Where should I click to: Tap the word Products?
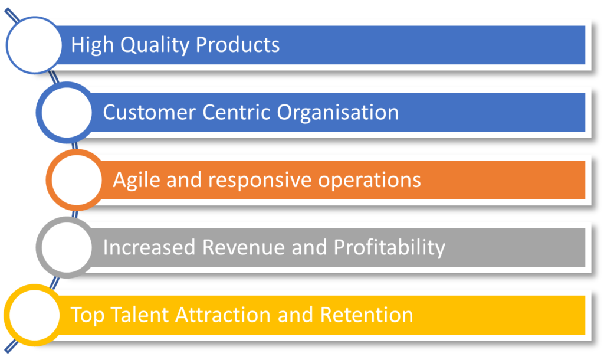click(238, 44)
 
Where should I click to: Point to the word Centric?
click(236, 112)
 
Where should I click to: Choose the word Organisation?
click(338, 113)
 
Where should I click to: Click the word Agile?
click(136, 181)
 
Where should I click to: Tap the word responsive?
click(260, 181)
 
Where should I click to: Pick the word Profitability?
click(389, 248)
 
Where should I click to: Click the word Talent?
click(140, 315)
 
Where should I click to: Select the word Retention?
click(367, 315)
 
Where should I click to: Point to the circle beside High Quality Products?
click(34, 45)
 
